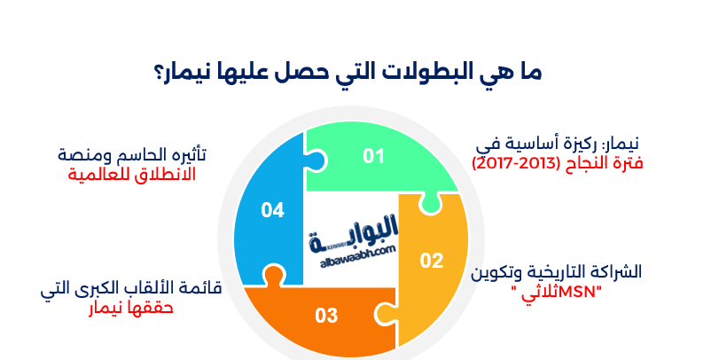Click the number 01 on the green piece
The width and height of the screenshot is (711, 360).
tap(373, 157)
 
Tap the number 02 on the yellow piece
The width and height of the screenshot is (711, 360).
tap(431, 261)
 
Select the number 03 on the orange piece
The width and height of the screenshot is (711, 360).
tap(326, 315)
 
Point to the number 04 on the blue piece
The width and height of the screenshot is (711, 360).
tap(272, 210)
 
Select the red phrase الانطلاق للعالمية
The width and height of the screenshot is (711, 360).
tap(131, 174)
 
